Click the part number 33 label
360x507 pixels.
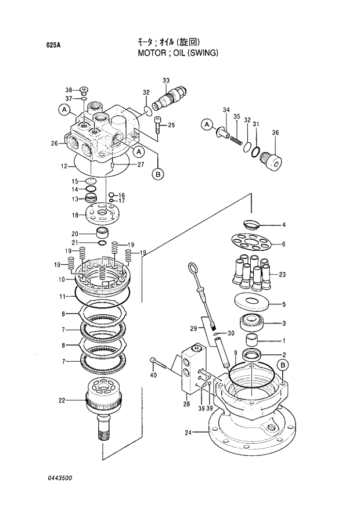166,80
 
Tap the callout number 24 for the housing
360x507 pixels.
188,432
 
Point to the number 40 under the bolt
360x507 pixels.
153,376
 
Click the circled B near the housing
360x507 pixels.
283,365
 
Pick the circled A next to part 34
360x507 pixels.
206,124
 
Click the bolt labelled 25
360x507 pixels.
158,123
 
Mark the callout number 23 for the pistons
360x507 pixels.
283,274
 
